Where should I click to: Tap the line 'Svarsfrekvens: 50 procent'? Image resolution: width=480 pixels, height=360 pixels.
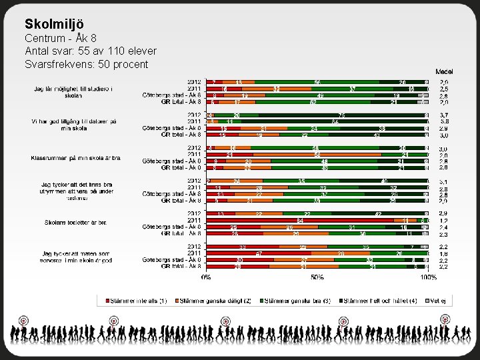86,64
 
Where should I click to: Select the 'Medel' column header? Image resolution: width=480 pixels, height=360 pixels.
445,71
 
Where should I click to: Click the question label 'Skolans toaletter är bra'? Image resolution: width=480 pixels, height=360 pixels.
75,223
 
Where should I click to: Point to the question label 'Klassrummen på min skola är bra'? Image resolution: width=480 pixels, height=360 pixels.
75,158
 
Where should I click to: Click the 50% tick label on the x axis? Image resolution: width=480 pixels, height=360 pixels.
317,276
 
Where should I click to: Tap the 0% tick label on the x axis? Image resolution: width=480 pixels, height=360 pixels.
207,276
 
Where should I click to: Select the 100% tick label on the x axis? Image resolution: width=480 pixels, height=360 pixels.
428,276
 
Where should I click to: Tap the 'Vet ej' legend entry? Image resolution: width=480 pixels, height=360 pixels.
439,301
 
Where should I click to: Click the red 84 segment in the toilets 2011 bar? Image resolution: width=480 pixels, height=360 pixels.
300,220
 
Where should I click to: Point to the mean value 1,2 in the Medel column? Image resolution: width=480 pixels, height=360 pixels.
443,220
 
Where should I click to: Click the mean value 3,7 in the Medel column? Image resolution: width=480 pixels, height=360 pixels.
443,115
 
